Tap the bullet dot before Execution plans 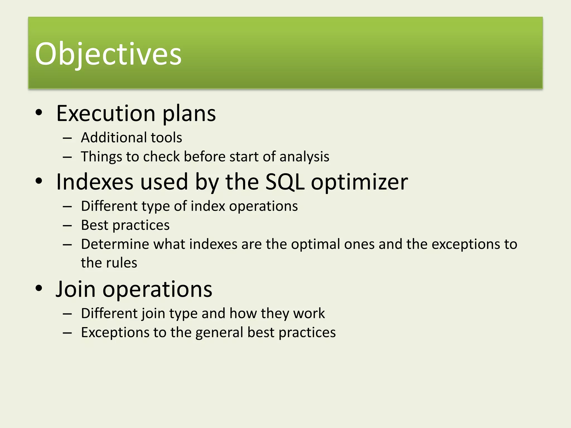click(x=39, y=113)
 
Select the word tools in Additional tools click(x=166, y=138)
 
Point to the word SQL click(x=285, y=182)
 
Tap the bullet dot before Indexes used click(x=39, y=181)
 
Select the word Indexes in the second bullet click(x=95, y=182)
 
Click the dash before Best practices click(x=67, y=225)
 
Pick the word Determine click(x=115, y=244)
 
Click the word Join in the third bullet click(x=75, y=289)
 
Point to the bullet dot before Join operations click(x=39, y=288)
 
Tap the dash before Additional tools click(x=67, y=138)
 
